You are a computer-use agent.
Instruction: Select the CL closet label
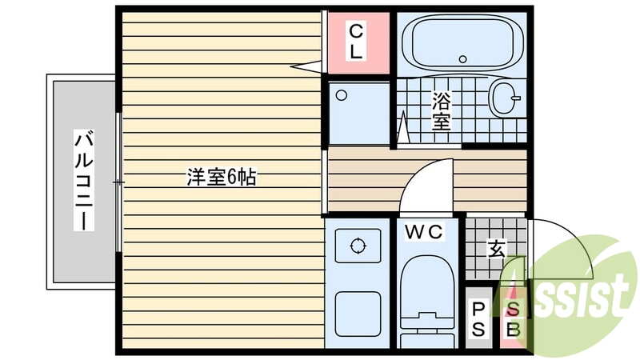point(356,42)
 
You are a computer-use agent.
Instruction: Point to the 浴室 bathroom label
point(441,111)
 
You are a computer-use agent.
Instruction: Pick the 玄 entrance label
point(496,249)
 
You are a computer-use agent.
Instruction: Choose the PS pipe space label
point(479,318)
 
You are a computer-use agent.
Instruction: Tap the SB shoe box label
point(512,318)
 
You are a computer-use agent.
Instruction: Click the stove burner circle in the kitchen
point(355,246)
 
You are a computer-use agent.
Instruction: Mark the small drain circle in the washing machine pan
point(342,94)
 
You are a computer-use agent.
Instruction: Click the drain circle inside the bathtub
point(462,58)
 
